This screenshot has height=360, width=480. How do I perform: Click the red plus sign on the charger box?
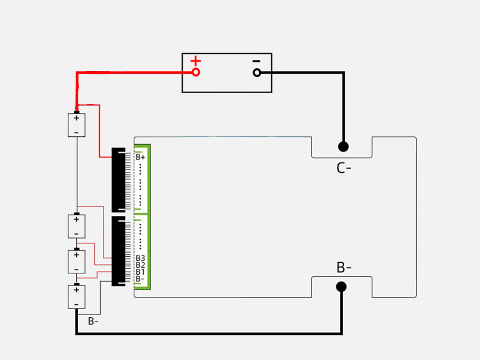point(196,61)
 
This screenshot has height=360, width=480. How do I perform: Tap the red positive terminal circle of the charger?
point(196,72)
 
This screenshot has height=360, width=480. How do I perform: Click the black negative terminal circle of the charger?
point(257,72)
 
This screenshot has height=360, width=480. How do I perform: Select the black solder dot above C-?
point(343,146)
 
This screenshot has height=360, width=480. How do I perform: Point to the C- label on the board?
point(344,168)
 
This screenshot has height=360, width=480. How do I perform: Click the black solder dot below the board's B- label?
point(341,287)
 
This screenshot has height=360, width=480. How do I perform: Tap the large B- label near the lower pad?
point(344,267)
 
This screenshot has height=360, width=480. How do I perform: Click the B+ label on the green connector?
point(141,157)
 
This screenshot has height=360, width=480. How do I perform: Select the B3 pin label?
point(141,258)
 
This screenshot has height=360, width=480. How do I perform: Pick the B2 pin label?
point(141,265)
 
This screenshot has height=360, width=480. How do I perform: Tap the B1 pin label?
point(140,272)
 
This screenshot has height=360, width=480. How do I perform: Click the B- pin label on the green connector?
point(140,278)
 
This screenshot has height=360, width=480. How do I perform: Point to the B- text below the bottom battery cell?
point(93,321)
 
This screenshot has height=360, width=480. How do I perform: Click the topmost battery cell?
point(76,125)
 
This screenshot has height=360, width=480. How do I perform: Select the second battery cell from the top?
point(76,226)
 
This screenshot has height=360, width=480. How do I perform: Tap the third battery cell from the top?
point(76,262)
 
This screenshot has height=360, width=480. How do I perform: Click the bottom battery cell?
point(76,297)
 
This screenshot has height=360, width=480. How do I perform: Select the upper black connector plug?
point(119,180)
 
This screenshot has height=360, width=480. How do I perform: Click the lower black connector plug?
point(119,251)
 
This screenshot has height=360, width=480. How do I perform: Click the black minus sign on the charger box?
point(256,61)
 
